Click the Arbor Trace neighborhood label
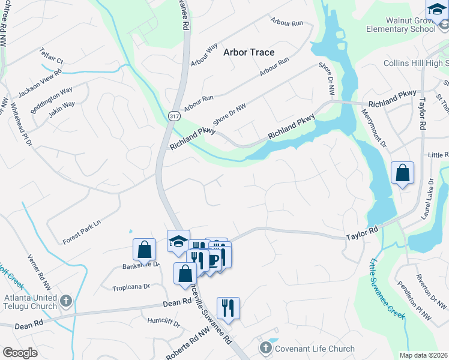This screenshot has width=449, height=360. click(x=249, y=52)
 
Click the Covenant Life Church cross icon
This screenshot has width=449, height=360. click(x=265, y=348)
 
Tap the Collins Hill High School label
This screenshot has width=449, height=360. click(x=416, y=63)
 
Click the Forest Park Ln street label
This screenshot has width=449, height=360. click(x=82, y=232)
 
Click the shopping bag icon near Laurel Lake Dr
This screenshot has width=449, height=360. click(x=402, y=173)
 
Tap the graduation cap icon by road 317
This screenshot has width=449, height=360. click(x=178, y=241)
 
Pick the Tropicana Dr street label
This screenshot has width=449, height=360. click(x=130, y=287)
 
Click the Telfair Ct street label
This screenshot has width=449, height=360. click(x=52, y=56)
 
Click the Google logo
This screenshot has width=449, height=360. click(x=20, y=352)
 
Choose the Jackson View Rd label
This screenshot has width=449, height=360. click(x=40, y=82)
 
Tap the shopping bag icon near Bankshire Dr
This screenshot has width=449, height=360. click(x=144, y=249)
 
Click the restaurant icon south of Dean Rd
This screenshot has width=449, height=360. click(x=228, y=308)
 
